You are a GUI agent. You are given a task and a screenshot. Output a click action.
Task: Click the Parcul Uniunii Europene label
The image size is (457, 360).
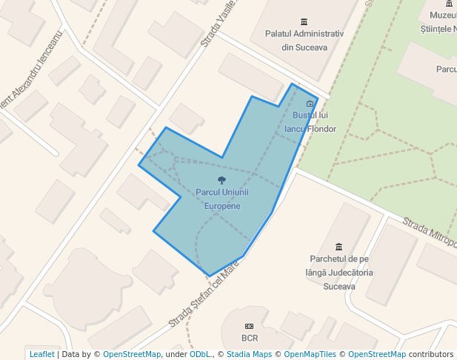point(222,199)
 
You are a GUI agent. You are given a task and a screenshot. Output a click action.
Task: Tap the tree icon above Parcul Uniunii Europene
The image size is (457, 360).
point(221,180)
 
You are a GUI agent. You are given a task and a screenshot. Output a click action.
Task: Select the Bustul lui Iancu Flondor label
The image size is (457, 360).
point(311,122)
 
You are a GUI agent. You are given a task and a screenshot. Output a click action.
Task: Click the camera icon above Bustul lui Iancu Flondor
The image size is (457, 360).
point(310,104)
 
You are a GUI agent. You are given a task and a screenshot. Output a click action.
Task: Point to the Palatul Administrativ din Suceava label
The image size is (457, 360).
point(304,41)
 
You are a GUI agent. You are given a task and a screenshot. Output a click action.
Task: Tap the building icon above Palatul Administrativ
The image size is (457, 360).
point(304,21)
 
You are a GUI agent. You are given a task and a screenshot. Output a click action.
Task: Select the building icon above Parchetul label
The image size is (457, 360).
point(338,247)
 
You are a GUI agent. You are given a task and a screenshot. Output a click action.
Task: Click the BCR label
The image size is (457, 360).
point(250,339)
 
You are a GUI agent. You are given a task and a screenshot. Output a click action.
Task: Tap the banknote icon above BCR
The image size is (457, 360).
point(250,327)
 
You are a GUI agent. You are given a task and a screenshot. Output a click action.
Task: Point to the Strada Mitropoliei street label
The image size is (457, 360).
point(430,231)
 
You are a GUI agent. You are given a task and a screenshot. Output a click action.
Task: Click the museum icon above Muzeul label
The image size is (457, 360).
point(449,4)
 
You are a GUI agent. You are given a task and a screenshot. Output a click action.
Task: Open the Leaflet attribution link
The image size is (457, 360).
point(41,354)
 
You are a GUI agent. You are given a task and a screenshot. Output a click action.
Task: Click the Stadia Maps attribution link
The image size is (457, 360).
point(249,354)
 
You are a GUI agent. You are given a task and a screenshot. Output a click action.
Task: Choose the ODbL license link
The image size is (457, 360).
point(200,354)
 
